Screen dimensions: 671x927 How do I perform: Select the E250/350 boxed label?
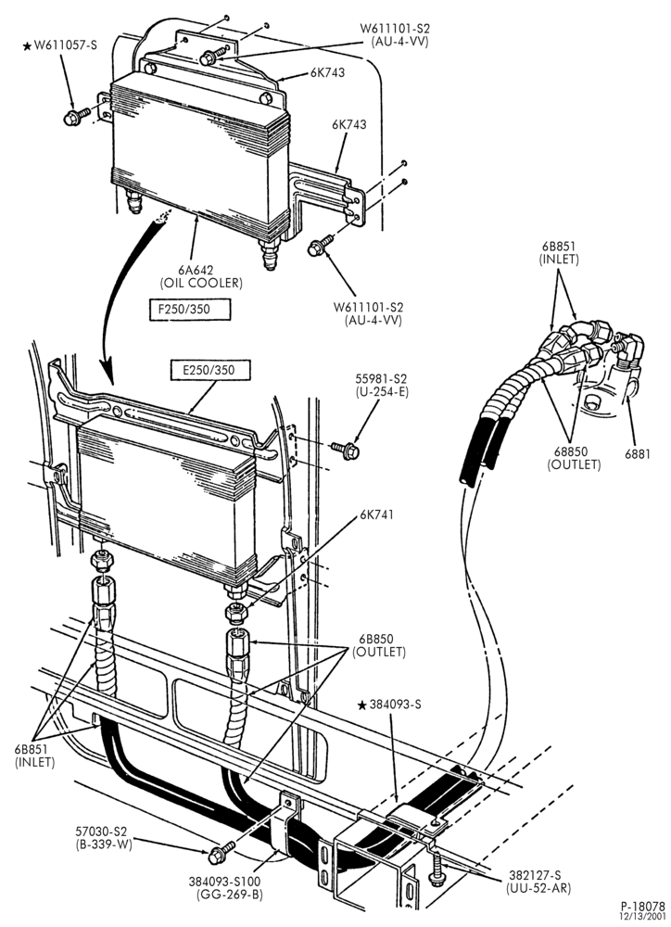pyautogui.click(x=209, y=370)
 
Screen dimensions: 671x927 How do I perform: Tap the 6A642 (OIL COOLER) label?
pyautogui.click(x=202, y=276)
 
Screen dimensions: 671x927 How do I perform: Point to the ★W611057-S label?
pyautogui.click(x=59, y=44)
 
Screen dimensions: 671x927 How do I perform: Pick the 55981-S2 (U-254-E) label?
pyautogui.click(x=382, y=385)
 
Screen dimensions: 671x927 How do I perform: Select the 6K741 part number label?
pyautogui.click(x=376, y=514)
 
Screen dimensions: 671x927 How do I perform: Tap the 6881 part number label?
pyautogui.click(x=638, y=454)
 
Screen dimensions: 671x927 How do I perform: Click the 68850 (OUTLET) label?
pyautogui.click(x=574, y=458)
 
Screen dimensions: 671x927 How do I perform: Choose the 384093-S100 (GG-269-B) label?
pyautogui.click(x=225, y=887)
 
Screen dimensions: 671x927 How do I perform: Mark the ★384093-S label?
pyautogui.click(x=390, y=705)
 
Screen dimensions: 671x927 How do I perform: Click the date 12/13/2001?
pyautogui.click(x=642, y=917)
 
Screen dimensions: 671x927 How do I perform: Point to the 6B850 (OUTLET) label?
pyautogui.click(x=379, y=645)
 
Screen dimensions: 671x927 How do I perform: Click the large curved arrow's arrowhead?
pyautogui.click(x=108, y=372)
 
